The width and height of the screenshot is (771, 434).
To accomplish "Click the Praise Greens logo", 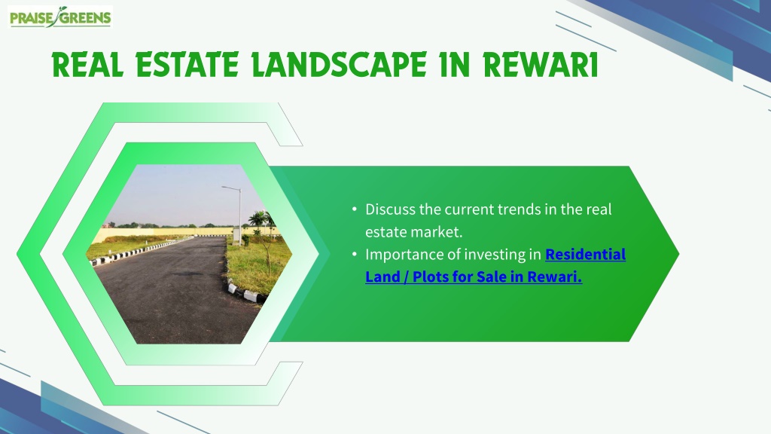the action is [x=60, y=17].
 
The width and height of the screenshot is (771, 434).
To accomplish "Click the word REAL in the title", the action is [x=87, y=65].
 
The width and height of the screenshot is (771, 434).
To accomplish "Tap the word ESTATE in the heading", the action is [x=187, y=65].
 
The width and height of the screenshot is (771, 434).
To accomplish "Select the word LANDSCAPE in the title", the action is [x=340, y=65].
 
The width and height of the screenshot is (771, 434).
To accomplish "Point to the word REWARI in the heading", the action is [x=541, y=65].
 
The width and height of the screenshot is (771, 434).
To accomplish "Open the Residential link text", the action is [x=586, y=255].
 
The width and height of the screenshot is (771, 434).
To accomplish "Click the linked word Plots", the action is [x=430, y=277].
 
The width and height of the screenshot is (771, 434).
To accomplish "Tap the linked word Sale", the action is [x=491, y=277].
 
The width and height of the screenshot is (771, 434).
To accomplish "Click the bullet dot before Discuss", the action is [x=355, y=209].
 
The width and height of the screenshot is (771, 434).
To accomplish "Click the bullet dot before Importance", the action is [x=355, y=255].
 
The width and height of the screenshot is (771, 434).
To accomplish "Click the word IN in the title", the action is [x=455, y=65].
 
